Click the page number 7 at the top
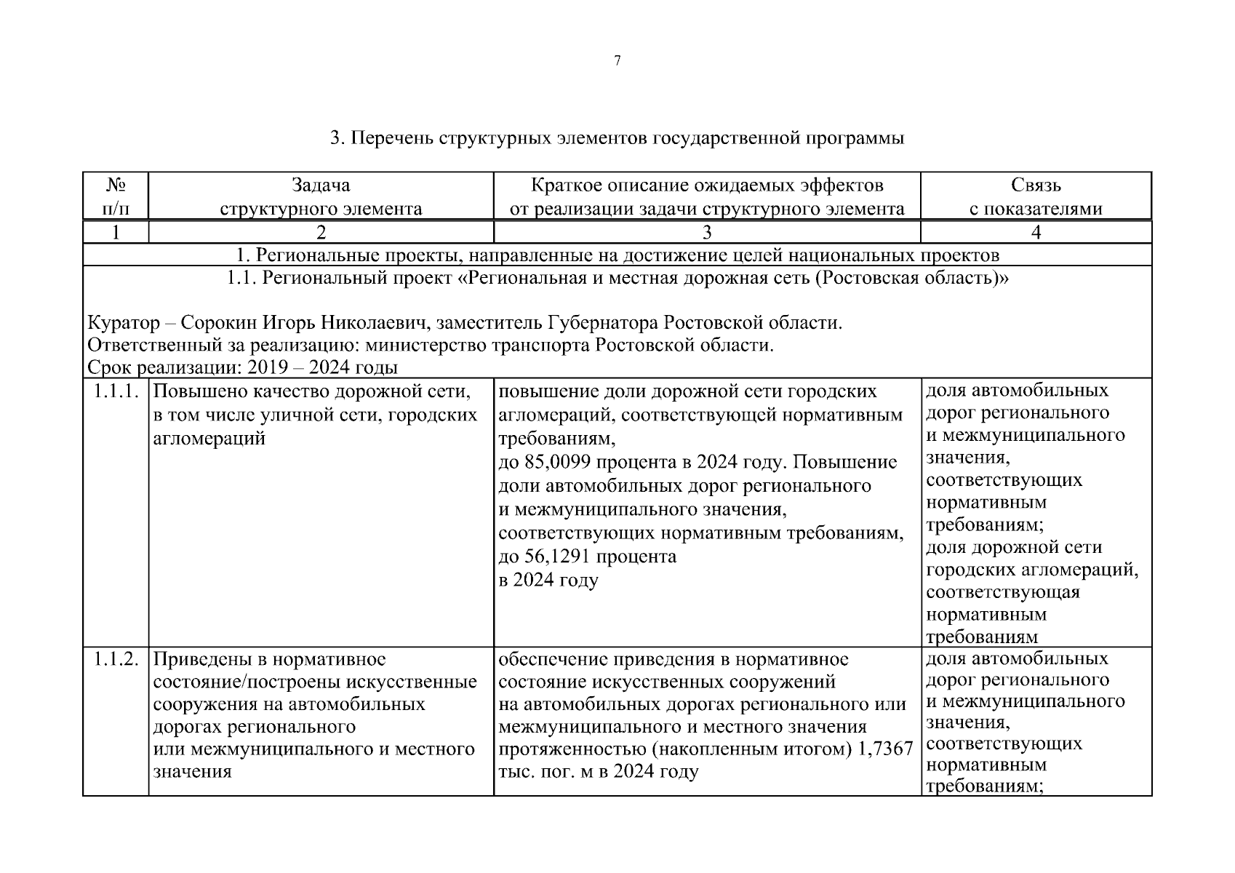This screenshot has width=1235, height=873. click(617, 61)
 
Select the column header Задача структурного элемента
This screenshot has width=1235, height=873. click(321, 197)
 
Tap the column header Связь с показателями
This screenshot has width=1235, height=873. click(1036, 197)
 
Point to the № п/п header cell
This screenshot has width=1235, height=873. click(116, 197)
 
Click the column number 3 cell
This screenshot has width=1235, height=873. click(706, 233)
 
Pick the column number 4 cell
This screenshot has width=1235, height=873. click(1036, 233)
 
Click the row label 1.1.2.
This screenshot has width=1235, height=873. click(116, 660)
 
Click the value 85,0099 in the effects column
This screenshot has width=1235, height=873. click(559, 463)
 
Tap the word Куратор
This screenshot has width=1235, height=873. click(123, 322)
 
